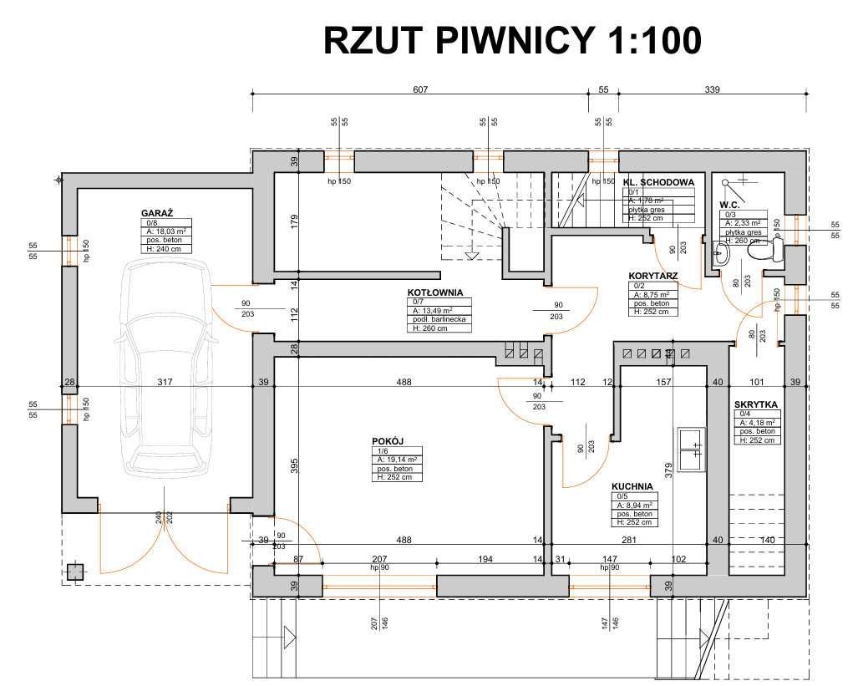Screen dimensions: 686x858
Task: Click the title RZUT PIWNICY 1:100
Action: click(x=511, y=39)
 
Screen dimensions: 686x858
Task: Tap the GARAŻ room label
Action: click(x=157, y=214)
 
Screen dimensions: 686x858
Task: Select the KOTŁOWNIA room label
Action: click(x=435, y=292)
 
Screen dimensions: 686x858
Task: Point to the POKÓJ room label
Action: click(x=388, y=441)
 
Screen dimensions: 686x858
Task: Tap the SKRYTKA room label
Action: click(x=756, y=404)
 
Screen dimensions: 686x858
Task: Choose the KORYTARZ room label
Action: click(x=652, y=275)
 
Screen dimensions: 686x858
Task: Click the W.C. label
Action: click(x=731, y=204)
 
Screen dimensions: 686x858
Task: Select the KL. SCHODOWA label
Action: click(x=659, y=181)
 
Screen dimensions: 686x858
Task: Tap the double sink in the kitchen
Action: click(x=692, y=450)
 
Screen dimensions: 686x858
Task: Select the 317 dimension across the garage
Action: click(x=165, y=383)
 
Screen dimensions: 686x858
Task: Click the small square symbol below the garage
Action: click(x=76, y=572)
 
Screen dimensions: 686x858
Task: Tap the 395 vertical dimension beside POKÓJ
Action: click(x=294, y=466)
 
